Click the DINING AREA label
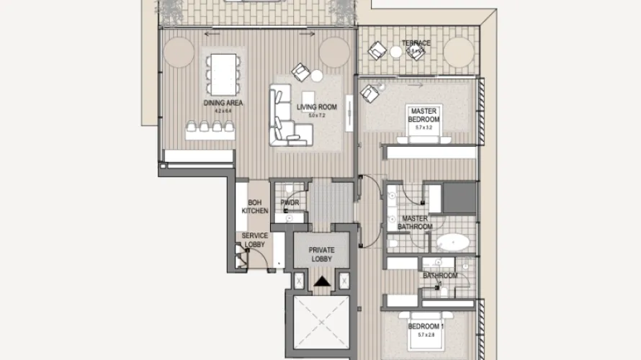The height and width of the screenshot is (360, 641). [223, 103]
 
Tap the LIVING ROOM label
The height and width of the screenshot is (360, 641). [317, 107]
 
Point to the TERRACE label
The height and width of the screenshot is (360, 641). [416, 44]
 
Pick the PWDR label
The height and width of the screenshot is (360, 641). [290, 204]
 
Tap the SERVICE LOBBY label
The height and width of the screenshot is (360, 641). [254, 240]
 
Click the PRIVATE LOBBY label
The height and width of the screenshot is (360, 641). [322, 254]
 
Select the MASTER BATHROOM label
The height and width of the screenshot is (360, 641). [416, 222]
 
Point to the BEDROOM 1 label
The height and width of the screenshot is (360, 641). [425, 326]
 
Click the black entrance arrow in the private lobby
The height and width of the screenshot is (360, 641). [322, 282]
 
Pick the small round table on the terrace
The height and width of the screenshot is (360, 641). [395, 52]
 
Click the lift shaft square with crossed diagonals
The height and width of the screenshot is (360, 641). [322, 323]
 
